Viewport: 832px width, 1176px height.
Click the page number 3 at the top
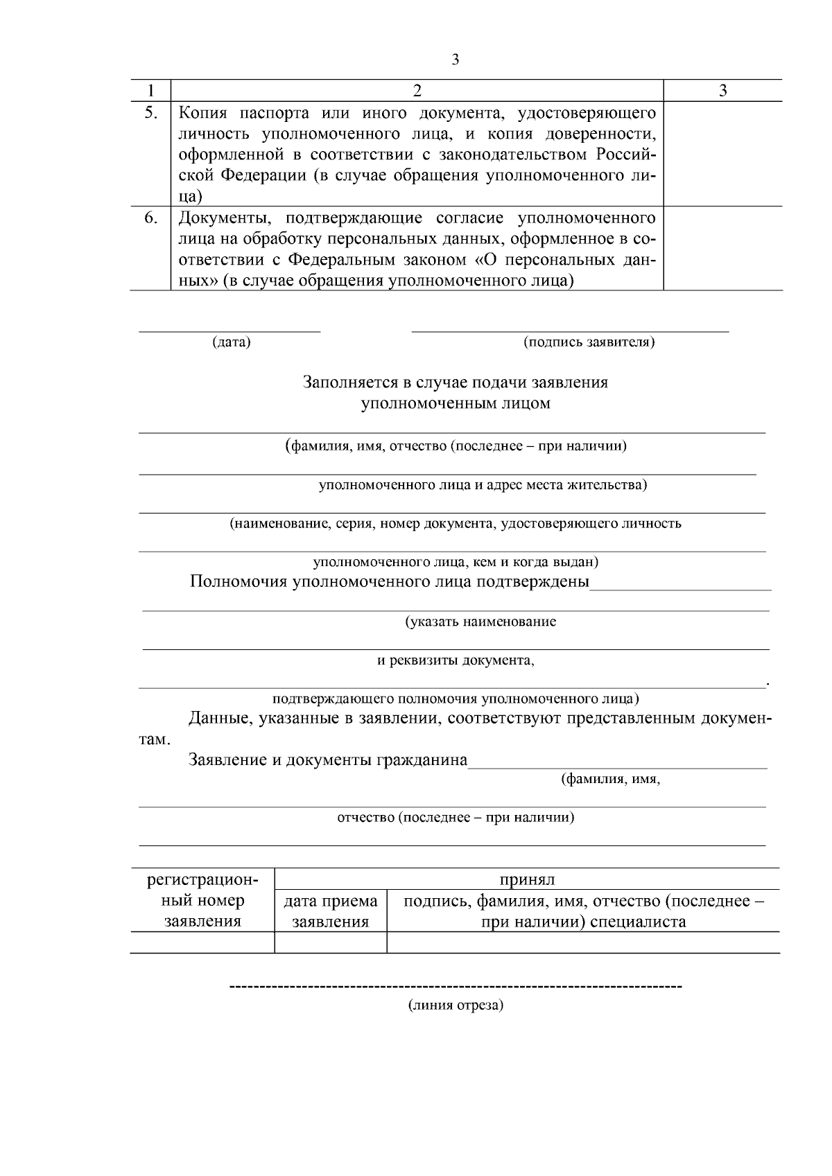[x=455, y=60]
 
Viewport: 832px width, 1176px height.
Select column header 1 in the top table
[x=150, y=91]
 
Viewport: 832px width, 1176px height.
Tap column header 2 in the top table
[x=417, y=91]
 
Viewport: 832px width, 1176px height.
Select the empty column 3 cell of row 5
[x=722, y=154]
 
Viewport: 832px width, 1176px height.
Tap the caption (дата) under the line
[x=231, y=342]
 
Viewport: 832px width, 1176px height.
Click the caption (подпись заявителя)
[x=589, y=342]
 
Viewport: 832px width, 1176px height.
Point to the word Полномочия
[x=238, y=581]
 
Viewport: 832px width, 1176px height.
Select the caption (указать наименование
[x=480, y=622]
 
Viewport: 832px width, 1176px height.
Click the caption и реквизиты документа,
[x=456, y=660]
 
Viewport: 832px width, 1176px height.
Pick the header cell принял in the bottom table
[x=527, y=880]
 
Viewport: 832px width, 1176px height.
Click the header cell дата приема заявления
[x=331, y=911]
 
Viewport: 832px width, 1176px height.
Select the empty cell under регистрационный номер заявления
[x=202, y=942]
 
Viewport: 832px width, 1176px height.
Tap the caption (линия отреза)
[x=455, y=1006]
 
